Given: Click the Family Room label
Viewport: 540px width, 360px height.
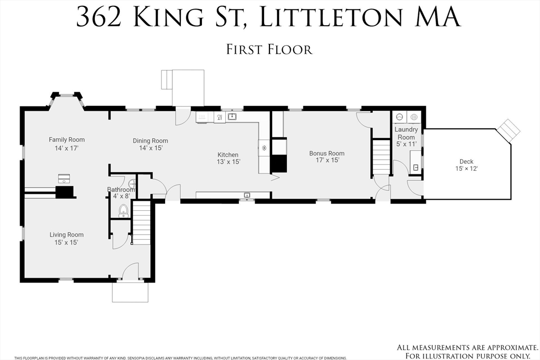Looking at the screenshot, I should tap(66, 140).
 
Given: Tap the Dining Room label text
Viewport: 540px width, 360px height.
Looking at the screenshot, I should tap(150, 141).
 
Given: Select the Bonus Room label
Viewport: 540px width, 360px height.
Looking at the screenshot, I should tap(326, 153).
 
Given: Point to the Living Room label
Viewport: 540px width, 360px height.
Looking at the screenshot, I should tap(66, 235).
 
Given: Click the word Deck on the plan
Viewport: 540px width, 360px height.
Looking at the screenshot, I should tap(466, 162).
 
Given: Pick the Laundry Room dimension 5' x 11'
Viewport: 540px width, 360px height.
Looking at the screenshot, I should tap(406, 144).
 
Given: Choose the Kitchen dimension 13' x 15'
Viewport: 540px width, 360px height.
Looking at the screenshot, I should tap(229, 162).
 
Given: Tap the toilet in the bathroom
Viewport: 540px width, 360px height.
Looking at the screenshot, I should tap(124, 211).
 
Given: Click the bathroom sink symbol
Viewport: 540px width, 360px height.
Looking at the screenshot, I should tap(132, 185).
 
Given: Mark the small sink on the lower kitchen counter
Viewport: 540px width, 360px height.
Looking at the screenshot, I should tap(247, 196).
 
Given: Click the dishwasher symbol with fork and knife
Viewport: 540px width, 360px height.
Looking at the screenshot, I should tap(219, 117).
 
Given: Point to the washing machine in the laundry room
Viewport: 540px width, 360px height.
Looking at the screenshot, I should tap(400, 117).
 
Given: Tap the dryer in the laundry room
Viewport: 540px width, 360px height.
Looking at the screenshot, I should tap(414, 117).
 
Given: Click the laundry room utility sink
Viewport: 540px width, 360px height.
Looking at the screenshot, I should tap(416, 167).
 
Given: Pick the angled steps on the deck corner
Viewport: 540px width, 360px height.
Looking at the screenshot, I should tap(509, 129).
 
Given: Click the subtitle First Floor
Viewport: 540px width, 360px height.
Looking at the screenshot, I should tap(269, 50).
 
